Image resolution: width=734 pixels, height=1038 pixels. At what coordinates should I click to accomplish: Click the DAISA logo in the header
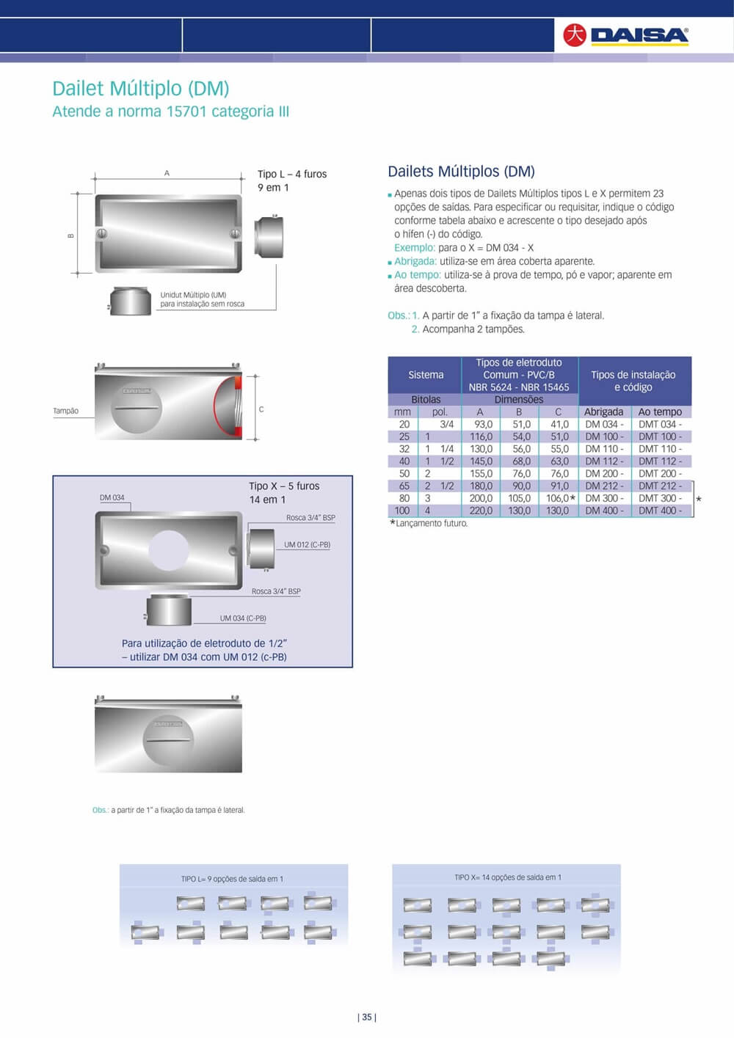626,34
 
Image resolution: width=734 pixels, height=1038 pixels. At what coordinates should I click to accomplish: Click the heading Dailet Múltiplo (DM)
141,89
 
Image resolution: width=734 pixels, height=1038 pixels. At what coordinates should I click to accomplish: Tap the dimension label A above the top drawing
167,173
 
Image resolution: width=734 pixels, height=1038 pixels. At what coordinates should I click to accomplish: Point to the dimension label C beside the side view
261,409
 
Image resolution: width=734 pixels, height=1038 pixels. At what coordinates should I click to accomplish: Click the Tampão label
65,411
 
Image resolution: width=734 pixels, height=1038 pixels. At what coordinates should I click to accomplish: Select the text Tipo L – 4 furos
291,174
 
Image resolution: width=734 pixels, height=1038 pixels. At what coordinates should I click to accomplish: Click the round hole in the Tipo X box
169,550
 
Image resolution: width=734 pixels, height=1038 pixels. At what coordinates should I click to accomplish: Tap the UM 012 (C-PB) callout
307,544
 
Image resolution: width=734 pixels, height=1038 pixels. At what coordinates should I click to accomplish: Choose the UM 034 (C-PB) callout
243,618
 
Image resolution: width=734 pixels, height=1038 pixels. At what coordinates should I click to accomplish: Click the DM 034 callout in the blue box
112,497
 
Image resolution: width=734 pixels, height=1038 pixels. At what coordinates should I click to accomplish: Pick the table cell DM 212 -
604,486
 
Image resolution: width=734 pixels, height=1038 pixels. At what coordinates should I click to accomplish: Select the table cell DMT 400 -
659,511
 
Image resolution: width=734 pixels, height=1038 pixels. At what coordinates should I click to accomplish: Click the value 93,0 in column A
483,424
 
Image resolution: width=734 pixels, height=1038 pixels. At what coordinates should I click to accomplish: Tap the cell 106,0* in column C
560,498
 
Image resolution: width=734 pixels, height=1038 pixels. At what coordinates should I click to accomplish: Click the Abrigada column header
603,412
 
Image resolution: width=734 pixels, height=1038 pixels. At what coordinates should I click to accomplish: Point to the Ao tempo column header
660,412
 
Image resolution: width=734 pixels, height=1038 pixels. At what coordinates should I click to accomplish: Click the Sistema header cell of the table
426,375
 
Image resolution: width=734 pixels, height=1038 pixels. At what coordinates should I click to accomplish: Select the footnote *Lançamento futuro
429,523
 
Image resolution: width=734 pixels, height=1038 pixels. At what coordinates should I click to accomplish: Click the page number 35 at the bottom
367,1017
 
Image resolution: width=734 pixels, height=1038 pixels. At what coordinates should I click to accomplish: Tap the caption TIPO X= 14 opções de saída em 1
507,877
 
